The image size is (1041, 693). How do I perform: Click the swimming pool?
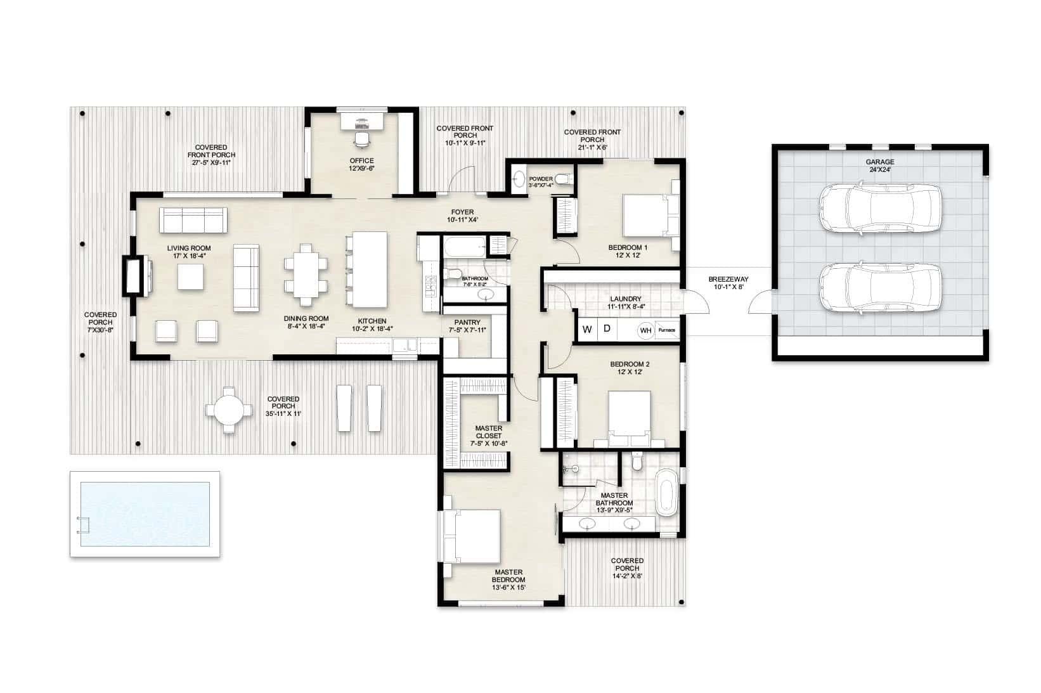pos(145,514)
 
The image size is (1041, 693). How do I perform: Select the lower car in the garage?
pos(879,288)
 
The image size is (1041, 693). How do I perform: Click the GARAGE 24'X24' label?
pos(880,166)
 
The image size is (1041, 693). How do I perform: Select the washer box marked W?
pos(587,329)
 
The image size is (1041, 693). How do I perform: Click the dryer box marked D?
pos(607,329)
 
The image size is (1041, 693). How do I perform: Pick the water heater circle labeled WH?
pos(645,330)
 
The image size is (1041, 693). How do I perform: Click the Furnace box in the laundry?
pos(666,330)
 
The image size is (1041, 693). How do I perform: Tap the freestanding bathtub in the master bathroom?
pos(666,492)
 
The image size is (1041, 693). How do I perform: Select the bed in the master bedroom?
pos(473,536)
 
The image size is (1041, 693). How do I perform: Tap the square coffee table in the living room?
pos(191,277)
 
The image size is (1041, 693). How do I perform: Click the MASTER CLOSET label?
pos(488,436)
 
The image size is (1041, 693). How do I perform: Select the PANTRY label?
pos(467,326)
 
